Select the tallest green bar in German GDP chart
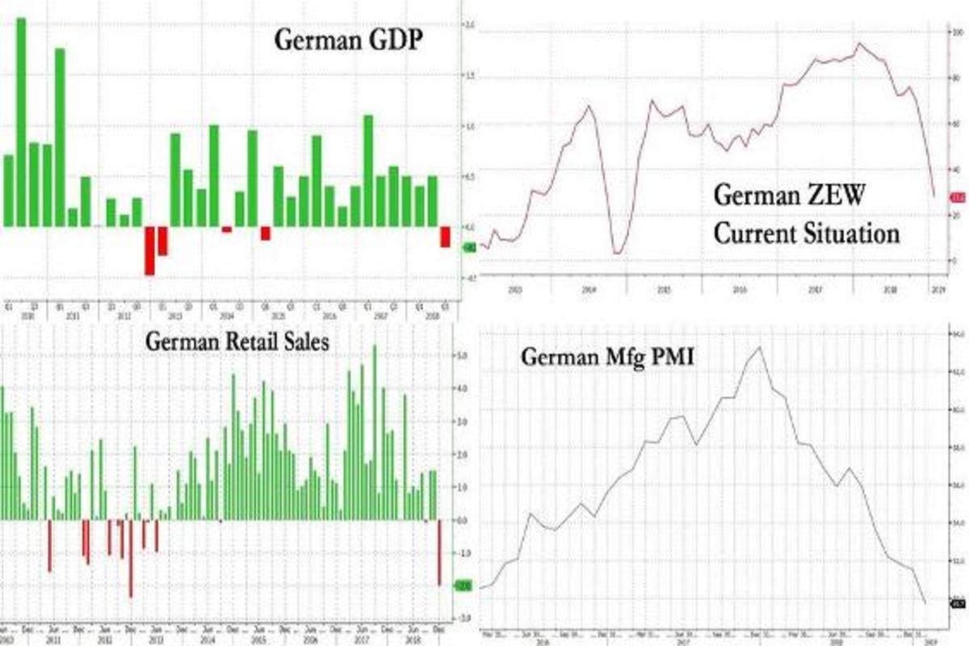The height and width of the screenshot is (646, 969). [x=21, y=121]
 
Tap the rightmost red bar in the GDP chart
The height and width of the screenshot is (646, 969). [x=445, y=237]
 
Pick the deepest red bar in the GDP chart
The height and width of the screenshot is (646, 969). [x=149, y=251]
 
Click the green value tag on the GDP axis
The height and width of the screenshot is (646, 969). [x=469, y=248]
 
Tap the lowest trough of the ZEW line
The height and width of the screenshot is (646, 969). [x=618, y=254]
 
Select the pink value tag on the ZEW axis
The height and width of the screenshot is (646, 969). [x=959, y=197]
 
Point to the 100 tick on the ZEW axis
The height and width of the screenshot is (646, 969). [x=959, y=32]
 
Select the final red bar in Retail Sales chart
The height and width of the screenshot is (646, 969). [x=439, y=552]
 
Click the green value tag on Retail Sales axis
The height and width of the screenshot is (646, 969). [x=464, y=586]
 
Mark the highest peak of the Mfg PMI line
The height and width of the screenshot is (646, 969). [x=759, y=347]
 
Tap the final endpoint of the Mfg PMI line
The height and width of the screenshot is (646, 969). [x=925, y=602]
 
